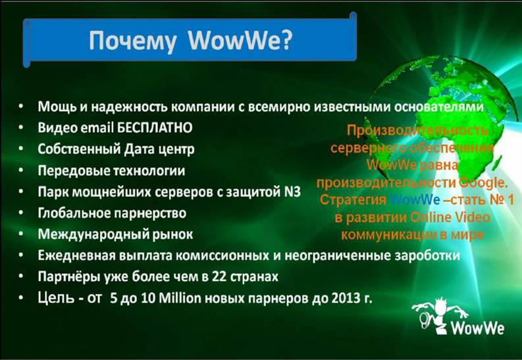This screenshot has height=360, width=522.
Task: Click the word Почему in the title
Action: (x=132, y=41)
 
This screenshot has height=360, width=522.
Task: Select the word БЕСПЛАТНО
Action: (x=155, y=128)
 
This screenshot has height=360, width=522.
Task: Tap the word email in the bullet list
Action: (x=97, y=128)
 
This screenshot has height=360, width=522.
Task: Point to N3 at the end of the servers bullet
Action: (x=292, y=192)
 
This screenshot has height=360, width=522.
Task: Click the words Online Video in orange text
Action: (x=450, y=217)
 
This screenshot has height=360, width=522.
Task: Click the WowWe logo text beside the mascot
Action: (x=477, y=328)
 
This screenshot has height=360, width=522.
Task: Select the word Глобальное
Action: (x=74, y=213)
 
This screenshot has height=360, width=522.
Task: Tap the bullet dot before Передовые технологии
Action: (x=21, y=170)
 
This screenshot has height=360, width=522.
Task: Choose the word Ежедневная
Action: (x=76, y=255)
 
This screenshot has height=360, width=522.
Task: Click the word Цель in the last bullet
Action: (x=56, y=297)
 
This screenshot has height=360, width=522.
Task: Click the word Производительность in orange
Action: (x=417, y=130)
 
